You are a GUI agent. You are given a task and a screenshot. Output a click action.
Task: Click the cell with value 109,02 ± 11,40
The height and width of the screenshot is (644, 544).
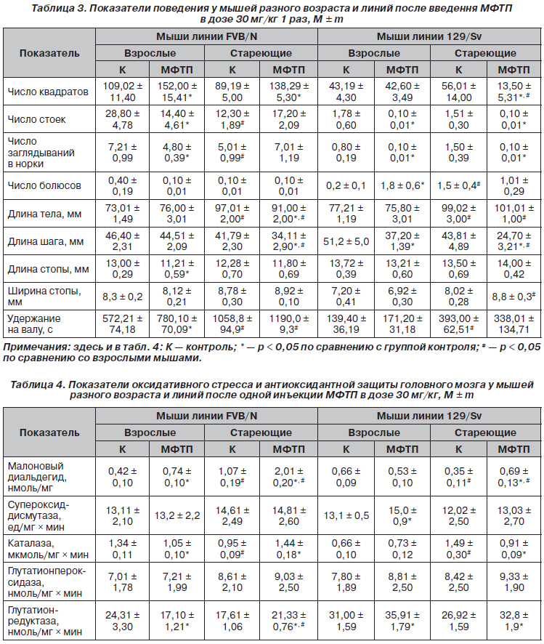pyautogui.click(x=123, y=92)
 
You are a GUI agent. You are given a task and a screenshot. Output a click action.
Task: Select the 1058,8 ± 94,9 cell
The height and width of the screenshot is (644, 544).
pyautogui.click(x=232, y=323)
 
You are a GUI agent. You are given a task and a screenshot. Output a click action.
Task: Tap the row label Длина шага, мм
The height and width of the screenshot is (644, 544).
pyautogui.click(x=46, y=241)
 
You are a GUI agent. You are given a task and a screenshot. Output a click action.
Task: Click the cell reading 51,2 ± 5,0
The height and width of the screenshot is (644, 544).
pyautogui.click(x=346, y=241)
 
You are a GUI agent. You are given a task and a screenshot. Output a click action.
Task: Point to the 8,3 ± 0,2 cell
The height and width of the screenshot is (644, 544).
pyautogui.click(x=123, y=296)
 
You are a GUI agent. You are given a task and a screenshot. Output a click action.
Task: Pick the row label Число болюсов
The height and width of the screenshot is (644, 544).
pyautogui.click(x=44, y=185)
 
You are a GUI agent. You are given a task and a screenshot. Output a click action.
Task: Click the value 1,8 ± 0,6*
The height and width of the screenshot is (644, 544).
pyautogui.click(x=402, y=185)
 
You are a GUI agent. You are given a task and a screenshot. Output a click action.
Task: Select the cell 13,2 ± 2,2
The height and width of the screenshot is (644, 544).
pyautogui.click(x=176, y=515)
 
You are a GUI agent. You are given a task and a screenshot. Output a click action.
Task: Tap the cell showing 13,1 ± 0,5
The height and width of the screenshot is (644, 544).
pyautogui.click(x=346, y=515)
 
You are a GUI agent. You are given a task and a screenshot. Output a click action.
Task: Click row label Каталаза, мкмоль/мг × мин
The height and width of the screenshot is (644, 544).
pyautogui.click(x=48, y=549)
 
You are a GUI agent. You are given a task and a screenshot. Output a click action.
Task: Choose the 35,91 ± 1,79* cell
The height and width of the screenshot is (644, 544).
pyautogui.click(x=402, y=621)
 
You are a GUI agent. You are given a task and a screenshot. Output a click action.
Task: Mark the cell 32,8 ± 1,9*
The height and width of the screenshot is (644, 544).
pyautogui.click(x=514, y=621)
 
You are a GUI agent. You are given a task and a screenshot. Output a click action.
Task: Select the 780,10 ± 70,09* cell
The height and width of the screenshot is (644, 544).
pyautogui.click(x=176, y=323)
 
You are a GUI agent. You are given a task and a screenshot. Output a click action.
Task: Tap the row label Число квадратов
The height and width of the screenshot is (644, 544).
pyautogui.click(x=48, y=92)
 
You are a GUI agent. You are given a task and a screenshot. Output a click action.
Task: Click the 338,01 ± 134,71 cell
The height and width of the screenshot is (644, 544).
pyautogui.click(x=514, y=323)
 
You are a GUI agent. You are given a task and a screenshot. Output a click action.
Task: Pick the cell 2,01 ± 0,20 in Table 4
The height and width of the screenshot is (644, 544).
pyautogui.click(x=289, y=477)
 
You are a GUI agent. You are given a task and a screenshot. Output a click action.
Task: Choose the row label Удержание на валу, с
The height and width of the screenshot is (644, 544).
pyautogui.click(x=34, y=323)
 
